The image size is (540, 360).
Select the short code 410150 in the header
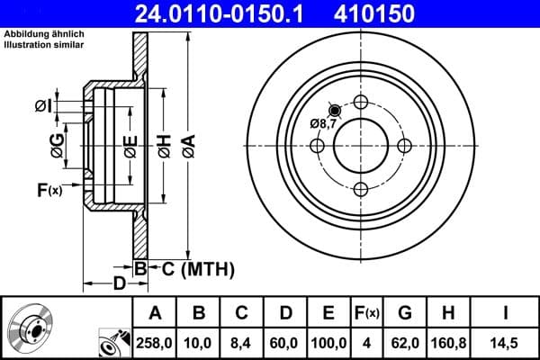pyautogui.click(x=400, y=13)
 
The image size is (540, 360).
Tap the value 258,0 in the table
pyautogui.click(x=155, y=342)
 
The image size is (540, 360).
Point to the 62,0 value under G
pyautogui.click(x=406, y=342)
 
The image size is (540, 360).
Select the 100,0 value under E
pyautogui.click(x=328, y=342)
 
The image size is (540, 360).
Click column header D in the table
pyautogui.click(x=284, y=313)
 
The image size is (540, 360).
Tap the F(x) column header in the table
pyautogui.click(x=367, y=313)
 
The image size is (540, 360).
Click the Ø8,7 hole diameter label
pyautogui.click(x=322, y=123)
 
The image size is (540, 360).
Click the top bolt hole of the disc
pyautogui.click(x=360, y=102)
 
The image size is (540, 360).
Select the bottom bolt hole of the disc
pyautogui.click(x=360, y=188)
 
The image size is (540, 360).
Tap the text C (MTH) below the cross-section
pyautogui.click(x=198, y=267)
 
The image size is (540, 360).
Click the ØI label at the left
pyautogui.click(x=44, y=106)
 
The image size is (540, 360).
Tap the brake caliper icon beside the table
pyautogui.click(x=112, y=341)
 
